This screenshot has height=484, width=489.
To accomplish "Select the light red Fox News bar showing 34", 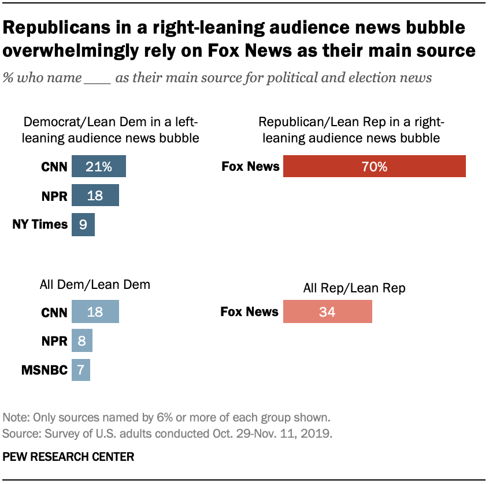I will pyautogui.click(x=327, y=312).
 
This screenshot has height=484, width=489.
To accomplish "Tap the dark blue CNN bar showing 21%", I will pyautogui.click(x=98, y=167).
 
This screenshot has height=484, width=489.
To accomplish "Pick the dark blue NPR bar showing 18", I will pyautogui.click(x=95, y=196).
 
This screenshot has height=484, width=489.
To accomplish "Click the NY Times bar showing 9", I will pyautogui.click(x=83, y=225).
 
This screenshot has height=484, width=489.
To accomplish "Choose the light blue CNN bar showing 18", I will pyautogui.click(x=95, y=312).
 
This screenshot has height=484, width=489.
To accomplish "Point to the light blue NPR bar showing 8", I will pyautogui.click(x=81, y=341).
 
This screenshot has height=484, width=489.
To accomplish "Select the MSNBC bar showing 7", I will pyautogui.click(x=80, y=369).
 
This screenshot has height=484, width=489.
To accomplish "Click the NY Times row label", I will pyautogui.click(x=40, y=225).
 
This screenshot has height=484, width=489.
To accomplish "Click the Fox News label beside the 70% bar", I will pyautogui.click(x=250, y=167).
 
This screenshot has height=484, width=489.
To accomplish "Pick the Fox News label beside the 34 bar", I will pyautogui.click(x=249, y=312).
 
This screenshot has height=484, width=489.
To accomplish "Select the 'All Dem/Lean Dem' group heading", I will pyautogui.click(x=95, y=284).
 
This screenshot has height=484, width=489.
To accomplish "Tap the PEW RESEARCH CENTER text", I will pyautogui.click(x=68, y=457).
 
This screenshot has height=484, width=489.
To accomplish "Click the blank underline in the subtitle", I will pyautogui.click(x=97, y=78).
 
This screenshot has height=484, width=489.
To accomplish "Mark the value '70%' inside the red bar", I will pyautogui.click(x=375, y=167).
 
